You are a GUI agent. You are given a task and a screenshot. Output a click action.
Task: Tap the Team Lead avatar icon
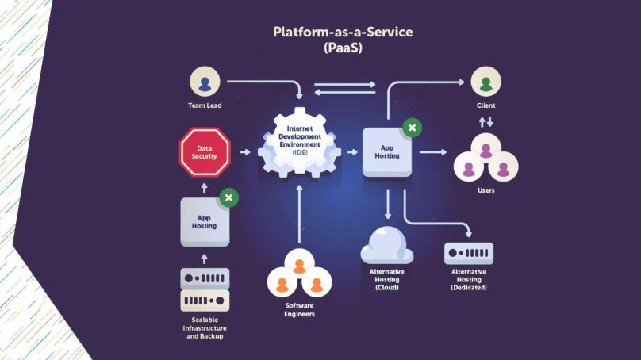205,82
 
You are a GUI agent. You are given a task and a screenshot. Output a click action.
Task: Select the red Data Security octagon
205,152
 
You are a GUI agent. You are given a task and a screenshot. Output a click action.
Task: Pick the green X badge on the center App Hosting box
411,127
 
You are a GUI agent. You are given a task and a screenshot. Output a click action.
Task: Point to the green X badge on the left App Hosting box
228,197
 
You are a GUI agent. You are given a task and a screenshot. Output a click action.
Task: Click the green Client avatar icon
486,82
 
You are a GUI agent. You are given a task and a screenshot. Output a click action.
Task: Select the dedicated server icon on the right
469,254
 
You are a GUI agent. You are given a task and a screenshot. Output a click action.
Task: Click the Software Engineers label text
300,310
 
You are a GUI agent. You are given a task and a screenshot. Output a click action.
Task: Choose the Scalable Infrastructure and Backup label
205,327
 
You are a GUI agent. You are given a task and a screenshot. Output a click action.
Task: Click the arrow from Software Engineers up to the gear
299,214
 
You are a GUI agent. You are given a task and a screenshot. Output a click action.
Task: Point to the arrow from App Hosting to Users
433,151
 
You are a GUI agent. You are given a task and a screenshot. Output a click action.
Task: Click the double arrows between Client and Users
486,122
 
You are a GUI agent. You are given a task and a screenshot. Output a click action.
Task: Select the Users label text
486,190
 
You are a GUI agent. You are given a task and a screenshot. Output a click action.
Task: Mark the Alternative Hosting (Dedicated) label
469,279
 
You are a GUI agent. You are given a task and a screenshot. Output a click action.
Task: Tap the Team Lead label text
205,105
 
